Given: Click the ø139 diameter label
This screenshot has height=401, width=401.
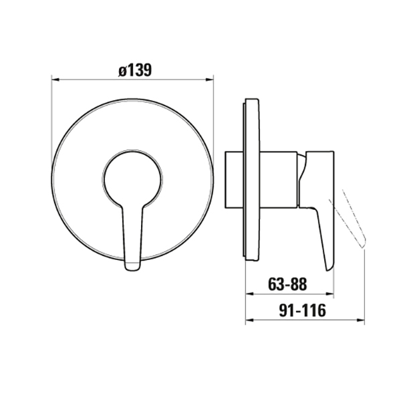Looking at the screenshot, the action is click(x=135, y=70).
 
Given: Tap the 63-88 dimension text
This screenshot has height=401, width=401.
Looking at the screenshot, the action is click(x=287, y=284).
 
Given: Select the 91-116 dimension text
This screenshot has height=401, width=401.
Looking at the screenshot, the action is click(x=303, y=311).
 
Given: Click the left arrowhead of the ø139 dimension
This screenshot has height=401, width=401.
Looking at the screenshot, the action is click(x=55, y=80).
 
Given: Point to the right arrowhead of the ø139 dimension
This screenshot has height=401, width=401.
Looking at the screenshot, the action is click(x=210, y=80).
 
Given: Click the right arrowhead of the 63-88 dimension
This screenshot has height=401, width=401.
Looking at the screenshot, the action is click(x=330, y=294).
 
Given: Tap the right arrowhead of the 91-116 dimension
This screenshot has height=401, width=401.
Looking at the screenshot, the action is click(x=361, y=320).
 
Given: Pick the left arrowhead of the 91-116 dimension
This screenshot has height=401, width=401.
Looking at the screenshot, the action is click(x=249, y=320).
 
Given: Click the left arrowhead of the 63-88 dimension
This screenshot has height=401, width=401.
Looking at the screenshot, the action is click(x=249, y=294).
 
